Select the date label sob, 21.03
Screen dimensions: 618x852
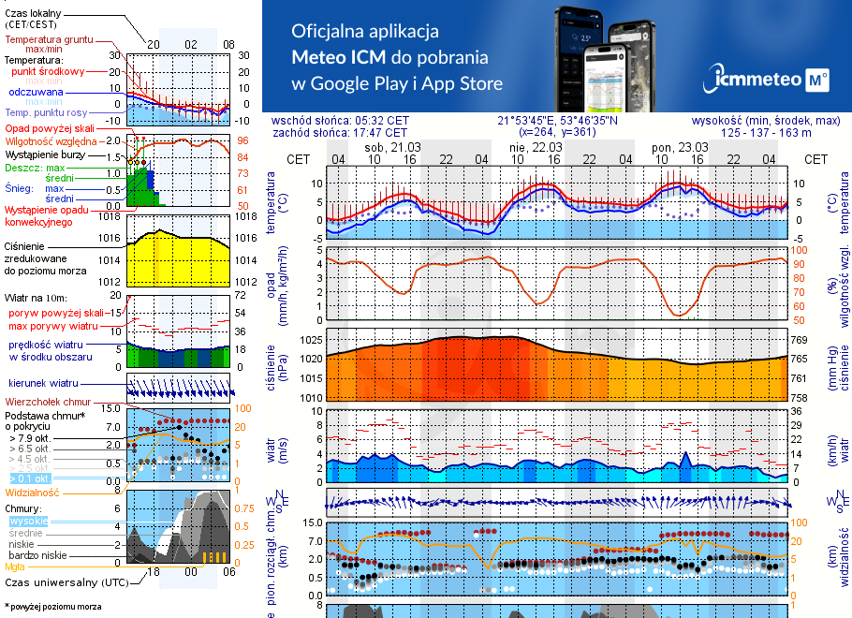(x=393, y=148)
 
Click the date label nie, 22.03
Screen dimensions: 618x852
(x=536, y=148)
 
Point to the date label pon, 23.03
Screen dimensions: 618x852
(x=679, y=148)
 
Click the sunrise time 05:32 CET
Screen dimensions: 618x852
(x=382, y=121)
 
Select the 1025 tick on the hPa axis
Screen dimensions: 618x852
(x=310, y=340)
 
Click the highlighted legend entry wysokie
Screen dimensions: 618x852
(x=26, y=521)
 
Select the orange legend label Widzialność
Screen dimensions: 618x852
(x=33, y=491)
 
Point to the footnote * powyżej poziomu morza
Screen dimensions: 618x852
(x=52, y=607)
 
